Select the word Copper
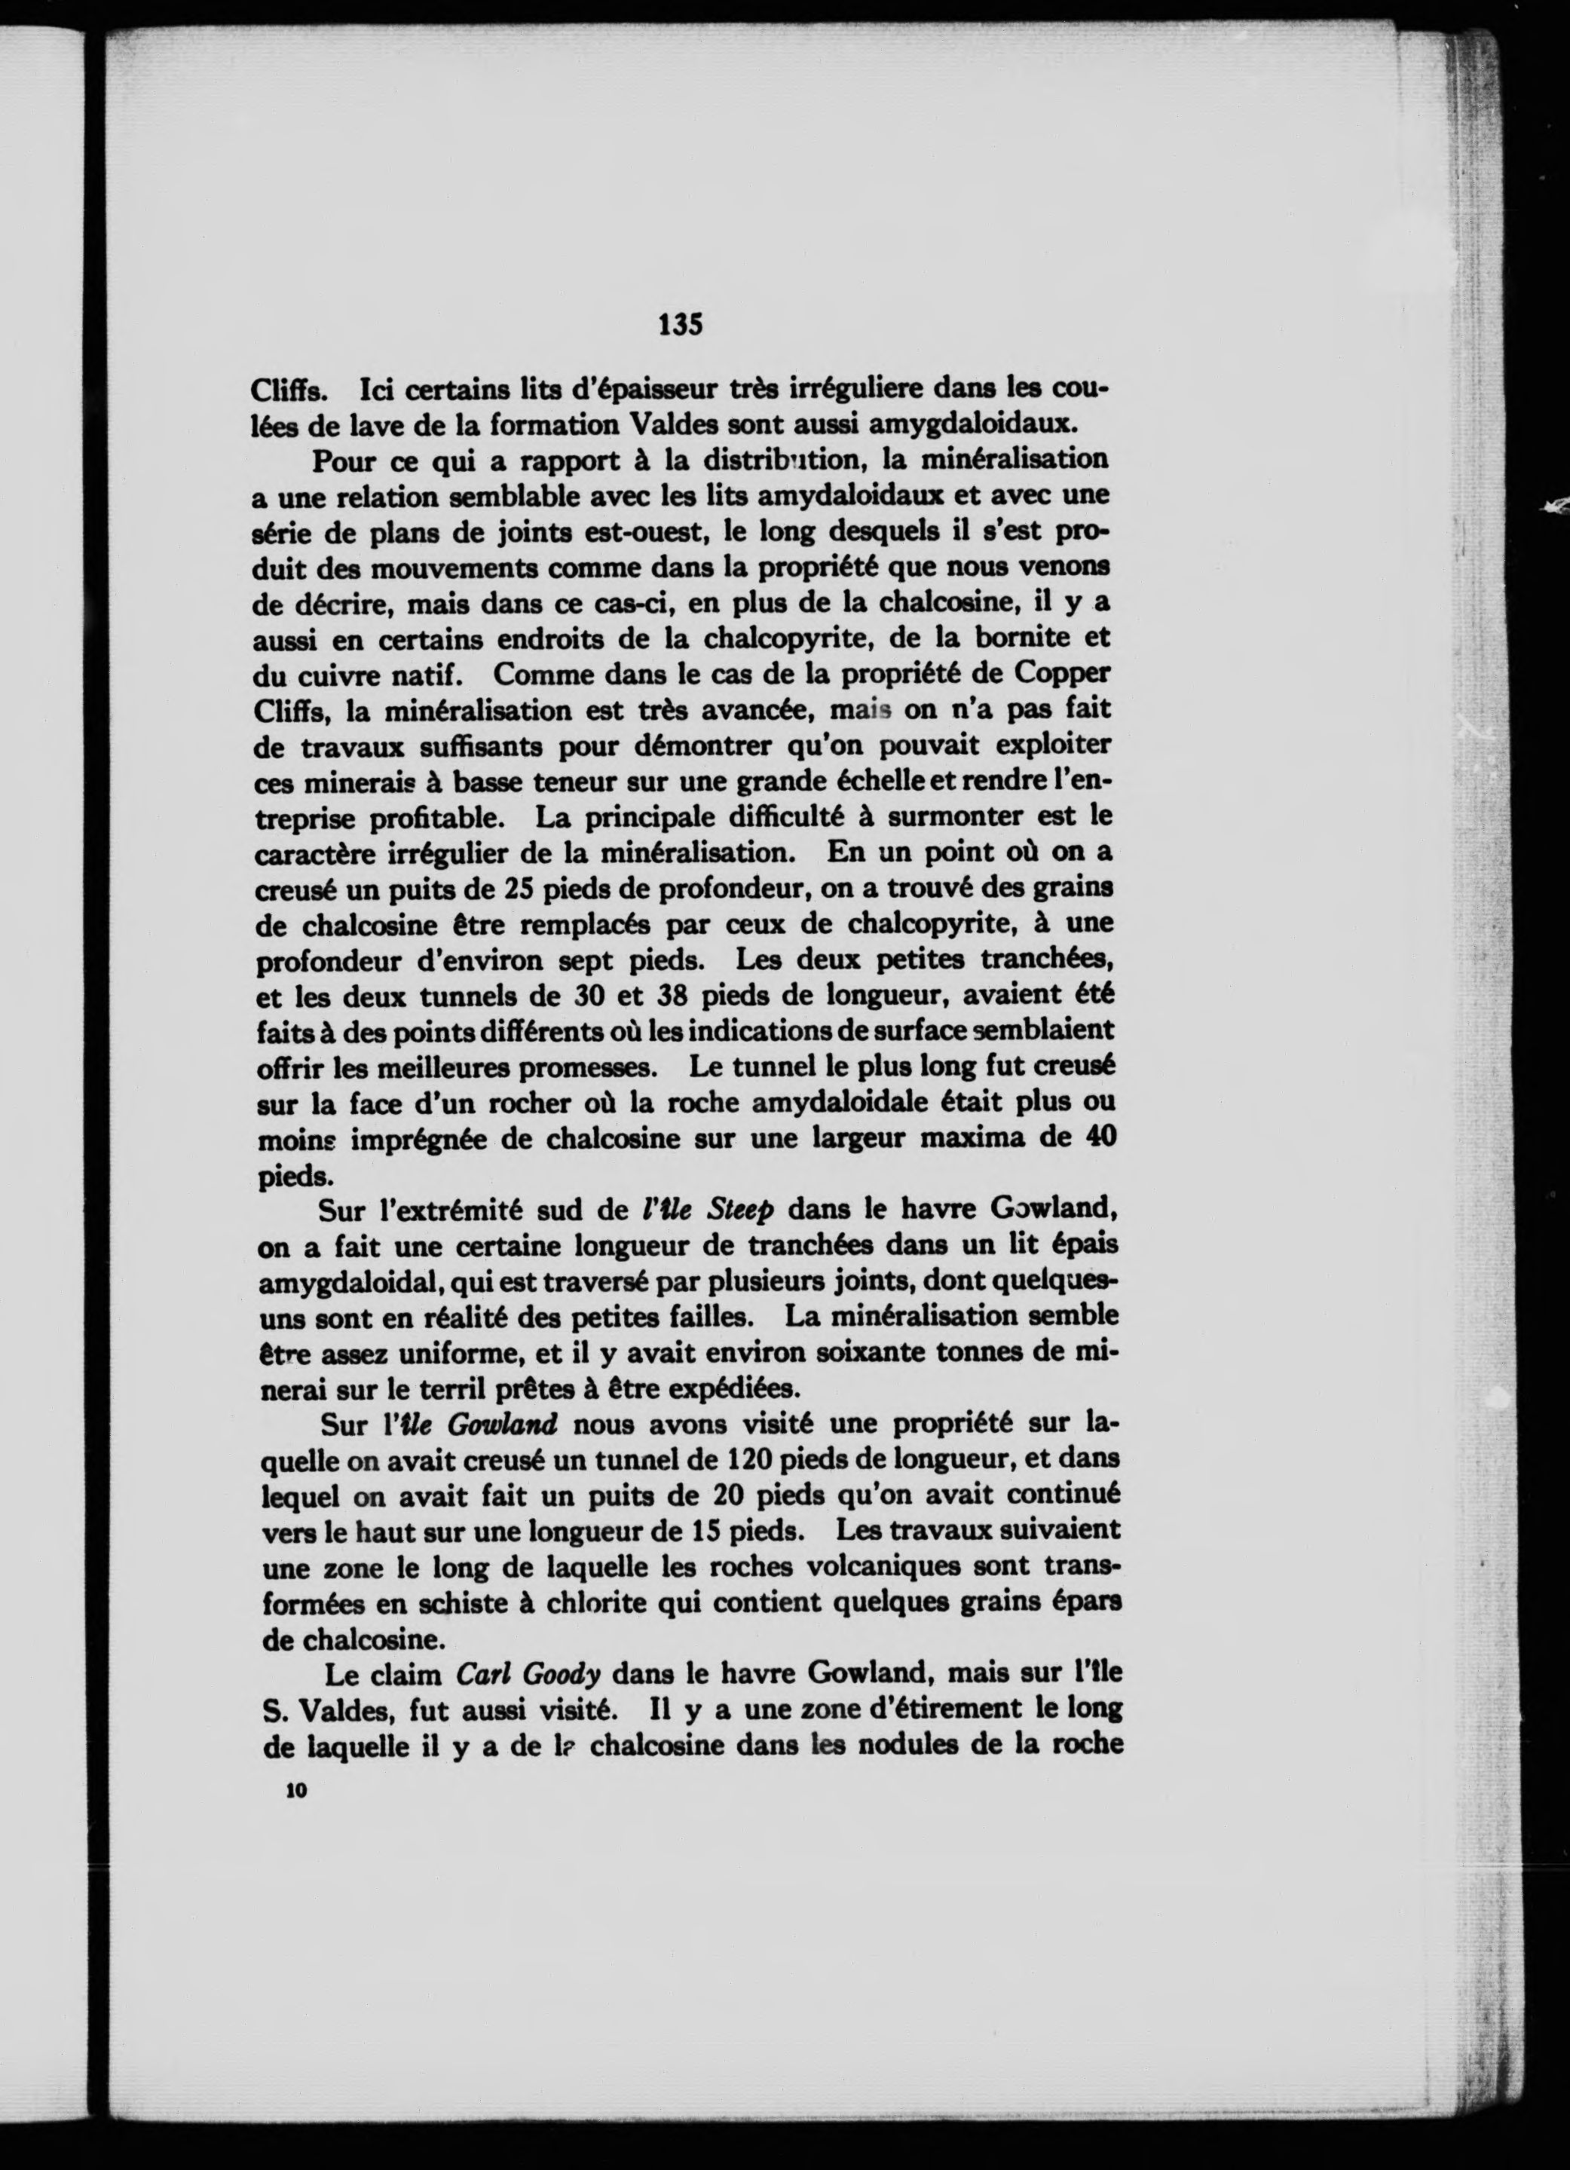pyautogui.click(x=1062, y=672)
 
